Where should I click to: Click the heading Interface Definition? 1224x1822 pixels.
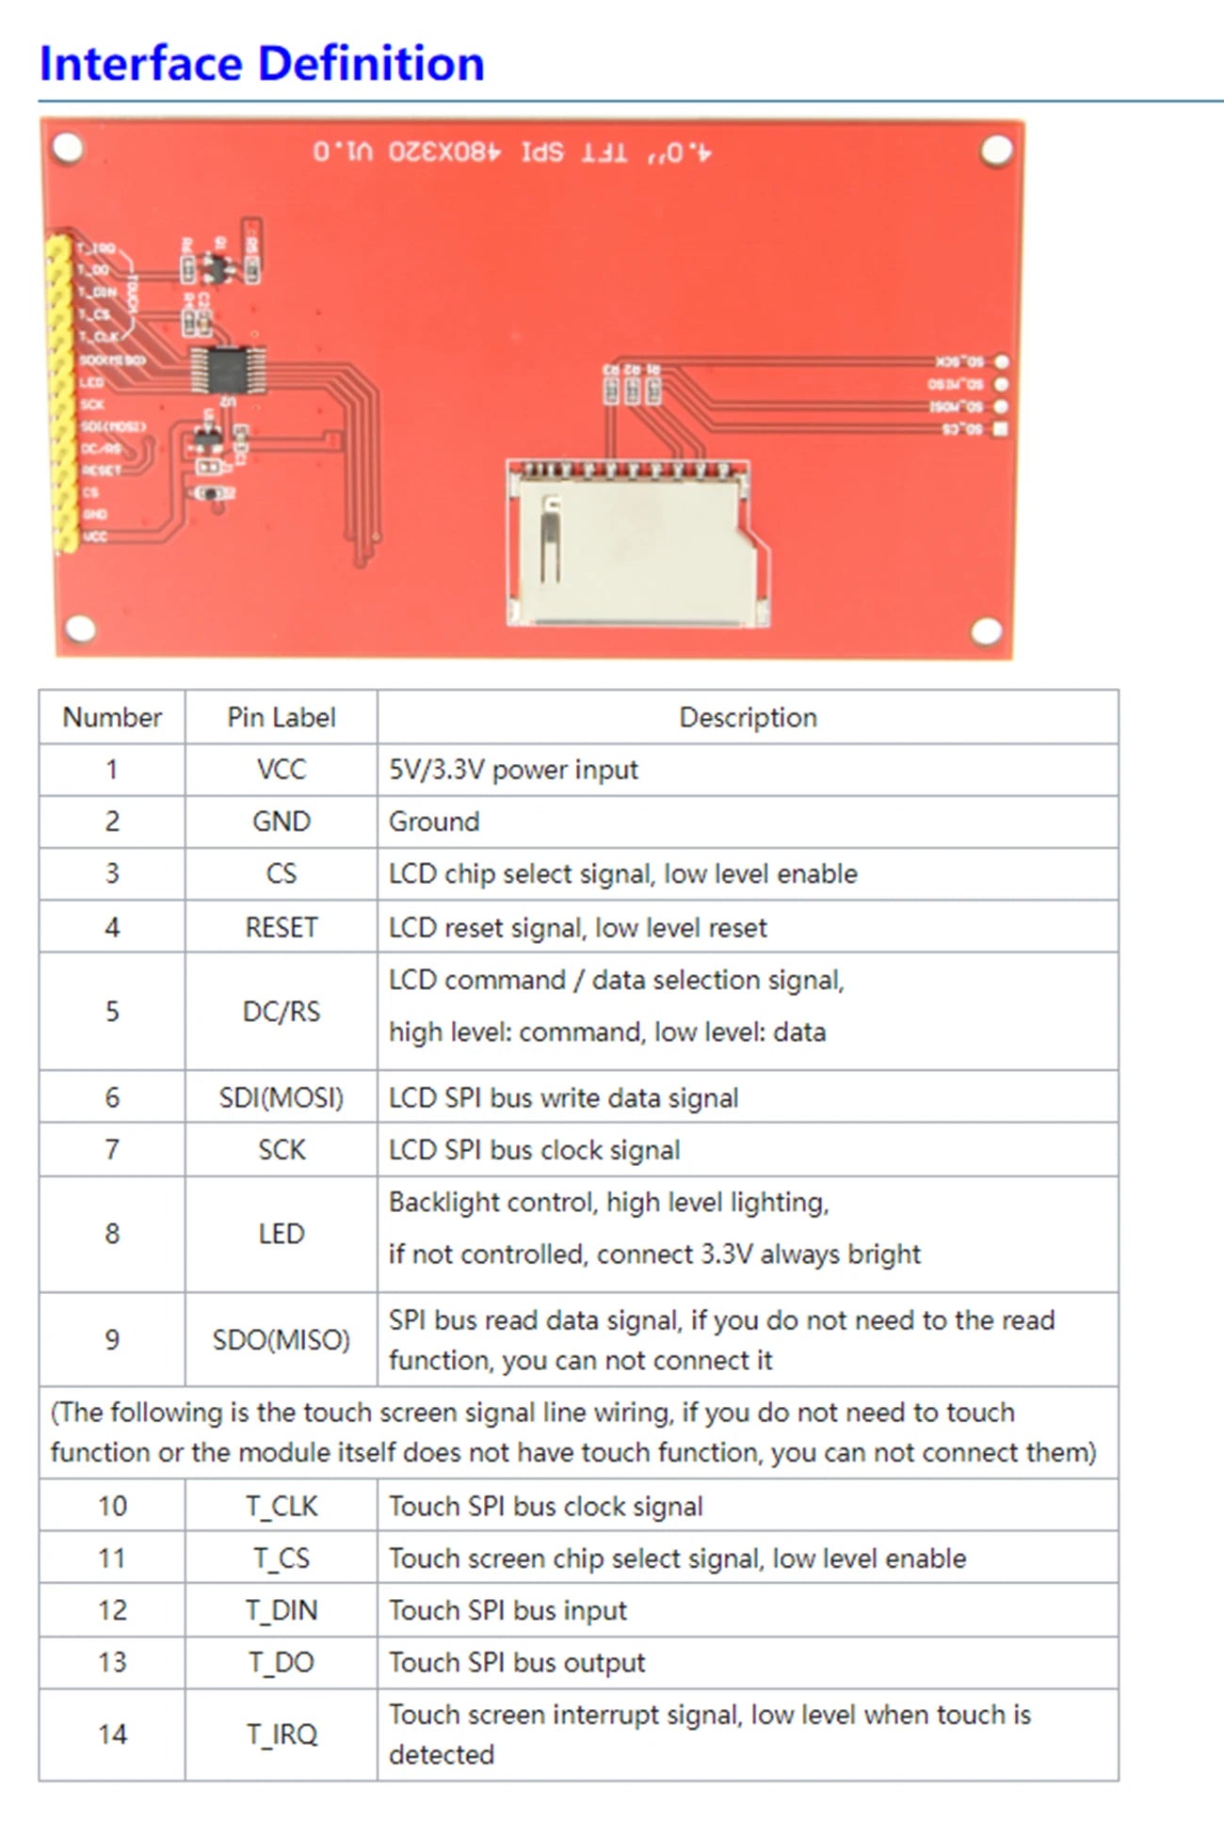click(262, 64)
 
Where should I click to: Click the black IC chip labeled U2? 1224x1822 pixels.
click(226, 370)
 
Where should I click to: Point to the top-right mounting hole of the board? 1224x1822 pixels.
click(996, 151)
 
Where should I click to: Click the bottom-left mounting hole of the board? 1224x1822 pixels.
click(80, 628)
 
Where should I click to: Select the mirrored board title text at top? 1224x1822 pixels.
click(513, 152)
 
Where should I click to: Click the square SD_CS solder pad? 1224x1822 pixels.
click(1001, 429)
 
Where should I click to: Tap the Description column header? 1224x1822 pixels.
click(748, 717)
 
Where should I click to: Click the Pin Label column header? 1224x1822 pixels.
click(281, 717)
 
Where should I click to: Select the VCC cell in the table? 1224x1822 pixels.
click(281, 770)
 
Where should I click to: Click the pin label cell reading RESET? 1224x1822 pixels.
click(281, 928)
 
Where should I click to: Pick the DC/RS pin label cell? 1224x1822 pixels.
click(281, 1012)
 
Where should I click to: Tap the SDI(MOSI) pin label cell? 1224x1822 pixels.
click(281, 1097)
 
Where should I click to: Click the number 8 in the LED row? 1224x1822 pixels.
click(112, 1234)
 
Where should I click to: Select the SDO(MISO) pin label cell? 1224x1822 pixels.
click(281, 1339)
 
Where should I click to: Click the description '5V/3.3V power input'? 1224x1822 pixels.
click(513, 770)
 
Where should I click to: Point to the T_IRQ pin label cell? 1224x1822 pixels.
click(281, 1734)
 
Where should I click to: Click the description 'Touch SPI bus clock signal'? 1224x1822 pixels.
click(545, 1507)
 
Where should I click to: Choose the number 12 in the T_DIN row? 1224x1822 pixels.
click(112, 1610)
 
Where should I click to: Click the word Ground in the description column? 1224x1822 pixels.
click(434, 822)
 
